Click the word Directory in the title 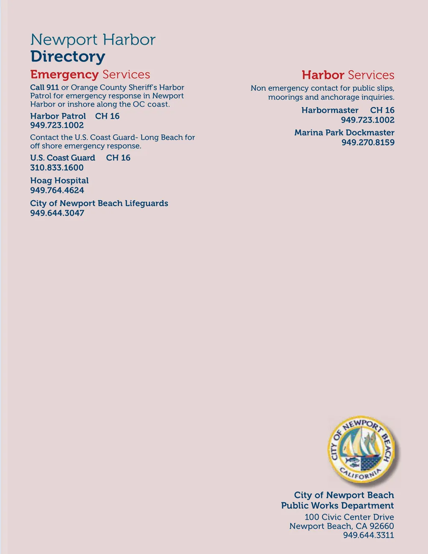point(68,57)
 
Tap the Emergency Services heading point(90,74)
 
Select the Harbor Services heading point(348,75)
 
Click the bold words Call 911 point(44,87)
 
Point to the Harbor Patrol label point(58,116)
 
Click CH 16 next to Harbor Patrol point(107,116)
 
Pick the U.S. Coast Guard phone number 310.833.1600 point(57,168)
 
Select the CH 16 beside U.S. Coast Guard point(118,158)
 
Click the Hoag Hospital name point(59,181)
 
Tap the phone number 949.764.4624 point(57,190)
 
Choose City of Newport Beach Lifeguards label point(99,203)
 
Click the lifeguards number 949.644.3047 point(57,213)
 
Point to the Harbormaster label point(330,110)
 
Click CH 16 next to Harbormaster point(382,110)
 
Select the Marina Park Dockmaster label point(344,133)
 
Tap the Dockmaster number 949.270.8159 point(368,142)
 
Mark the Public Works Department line point(337,505)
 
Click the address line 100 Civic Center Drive point(349,517)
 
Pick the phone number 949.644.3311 point(368,535)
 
